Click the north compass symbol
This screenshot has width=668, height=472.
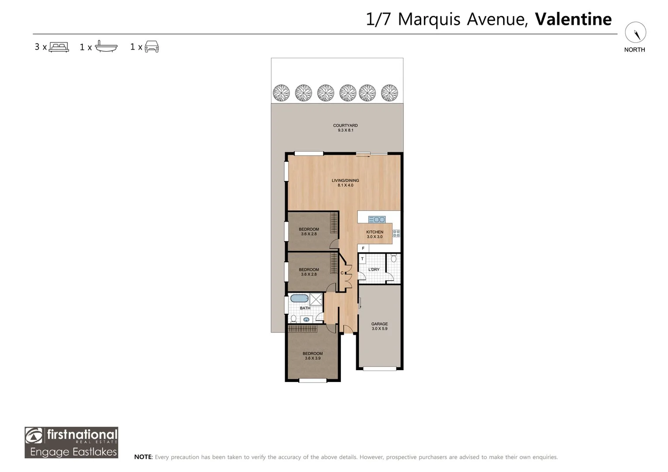click(635, 33)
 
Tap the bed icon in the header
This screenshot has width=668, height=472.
click(59, 47)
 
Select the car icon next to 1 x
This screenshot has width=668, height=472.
click(151, 46)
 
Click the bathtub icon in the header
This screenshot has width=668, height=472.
click(106, 46)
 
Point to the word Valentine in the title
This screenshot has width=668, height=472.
click(573, 19)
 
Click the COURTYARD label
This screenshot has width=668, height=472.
click(345, 125)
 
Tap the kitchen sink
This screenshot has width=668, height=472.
click(377, 219)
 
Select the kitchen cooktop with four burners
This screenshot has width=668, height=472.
click(396, 233)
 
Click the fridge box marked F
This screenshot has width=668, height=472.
click(363, 248)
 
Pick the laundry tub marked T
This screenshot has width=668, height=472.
click(362, 259)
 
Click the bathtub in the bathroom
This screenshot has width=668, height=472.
click(299, 298)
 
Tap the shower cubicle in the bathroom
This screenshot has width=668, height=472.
click(315, 299)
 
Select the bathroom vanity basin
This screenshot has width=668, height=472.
click(306, 319)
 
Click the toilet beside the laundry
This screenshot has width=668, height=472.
click(394, 258)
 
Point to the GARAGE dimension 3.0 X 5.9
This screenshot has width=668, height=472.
click(379, 329)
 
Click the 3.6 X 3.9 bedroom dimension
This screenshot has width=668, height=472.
click(312, 358)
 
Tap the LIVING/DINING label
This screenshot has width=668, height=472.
click(345, 180)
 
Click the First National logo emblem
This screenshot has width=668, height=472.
click(34, 436)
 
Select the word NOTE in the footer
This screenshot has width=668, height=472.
click(143, 457)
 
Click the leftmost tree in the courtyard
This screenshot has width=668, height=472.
click(281, 93)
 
